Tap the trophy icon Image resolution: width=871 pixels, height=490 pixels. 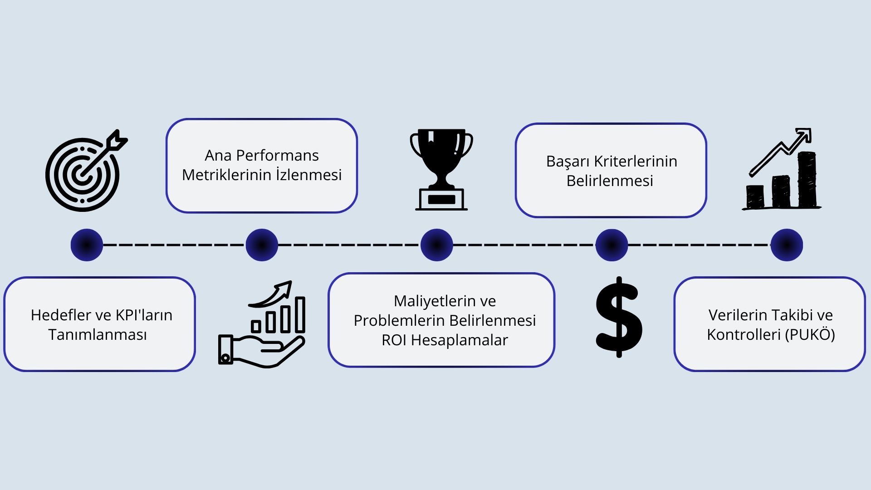pyautogui.click(x=441, y=169)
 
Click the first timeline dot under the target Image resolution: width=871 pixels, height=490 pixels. pyautogui.click(x=87, y=245)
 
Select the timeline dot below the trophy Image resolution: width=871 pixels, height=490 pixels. pyautogui.click(x=436, y=245)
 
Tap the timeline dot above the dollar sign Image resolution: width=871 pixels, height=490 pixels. pyautogui.click(x=612, y=245)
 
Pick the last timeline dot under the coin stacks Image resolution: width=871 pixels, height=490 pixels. pyautogui.click(x=787, y=245)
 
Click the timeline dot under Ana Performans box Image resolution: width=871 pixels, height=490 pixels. pyautogui.click(x=262, y=245)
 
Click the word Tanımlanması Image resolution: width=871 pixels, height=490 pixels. pyautogui.click(x=98, y=335)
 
